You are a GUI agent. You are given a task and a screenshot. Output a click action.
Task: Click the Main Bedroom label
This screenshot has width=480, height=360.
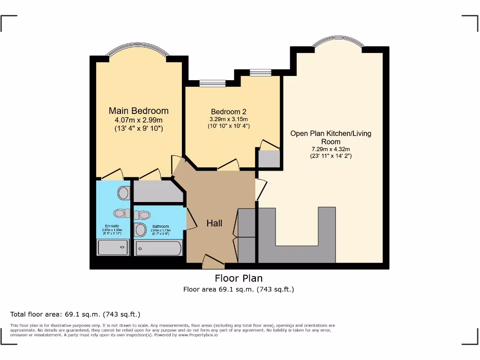tap(138, 111)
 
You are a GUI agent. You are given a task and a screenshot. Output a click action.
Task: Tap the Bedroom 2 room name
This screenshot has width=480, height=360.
tap(229, 112)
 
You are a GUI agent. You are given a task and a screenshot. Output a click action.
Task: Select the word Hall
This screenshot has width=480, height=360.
tap(215, 224)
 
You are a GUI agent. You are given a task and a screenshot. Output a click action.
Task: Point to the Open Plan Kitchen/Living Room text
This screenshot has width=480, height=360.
tap(330, 137)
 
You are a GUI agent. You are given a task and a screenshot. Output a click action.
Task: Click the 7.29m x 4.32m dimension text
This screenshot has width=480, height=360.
tap(330, 149)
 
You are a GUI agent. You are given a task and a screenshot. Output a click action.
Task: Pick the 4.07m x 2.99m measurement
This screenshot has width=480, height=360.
tap(138, 120)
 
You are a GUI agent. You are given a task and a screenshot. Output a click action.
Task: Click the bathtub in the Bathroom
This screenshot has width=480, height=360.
tap(158, 247)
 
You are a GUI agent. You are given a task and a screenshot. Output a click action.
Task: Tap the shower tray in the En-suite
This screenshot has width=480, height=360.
tap(112, 247)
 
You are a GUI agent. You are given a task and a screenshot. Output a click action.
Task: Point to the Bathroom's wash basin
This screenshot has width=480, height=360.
tap(140, 230)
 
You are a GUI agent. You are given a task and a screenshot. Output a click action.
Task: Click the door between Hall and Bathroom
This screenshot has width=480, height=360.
tap(191, 219)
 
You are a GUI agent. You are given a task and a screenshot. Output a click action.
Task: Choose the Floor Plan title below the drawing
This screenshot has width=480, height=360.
tap(239, 278)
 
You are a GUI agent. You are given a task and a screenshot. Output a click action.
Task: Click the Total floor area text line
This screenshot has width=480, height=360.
tap(75, 314)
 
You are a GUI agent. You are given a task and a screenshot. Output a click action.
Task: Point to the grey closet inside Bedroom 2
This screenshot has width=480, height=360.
tap(269, 159)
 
